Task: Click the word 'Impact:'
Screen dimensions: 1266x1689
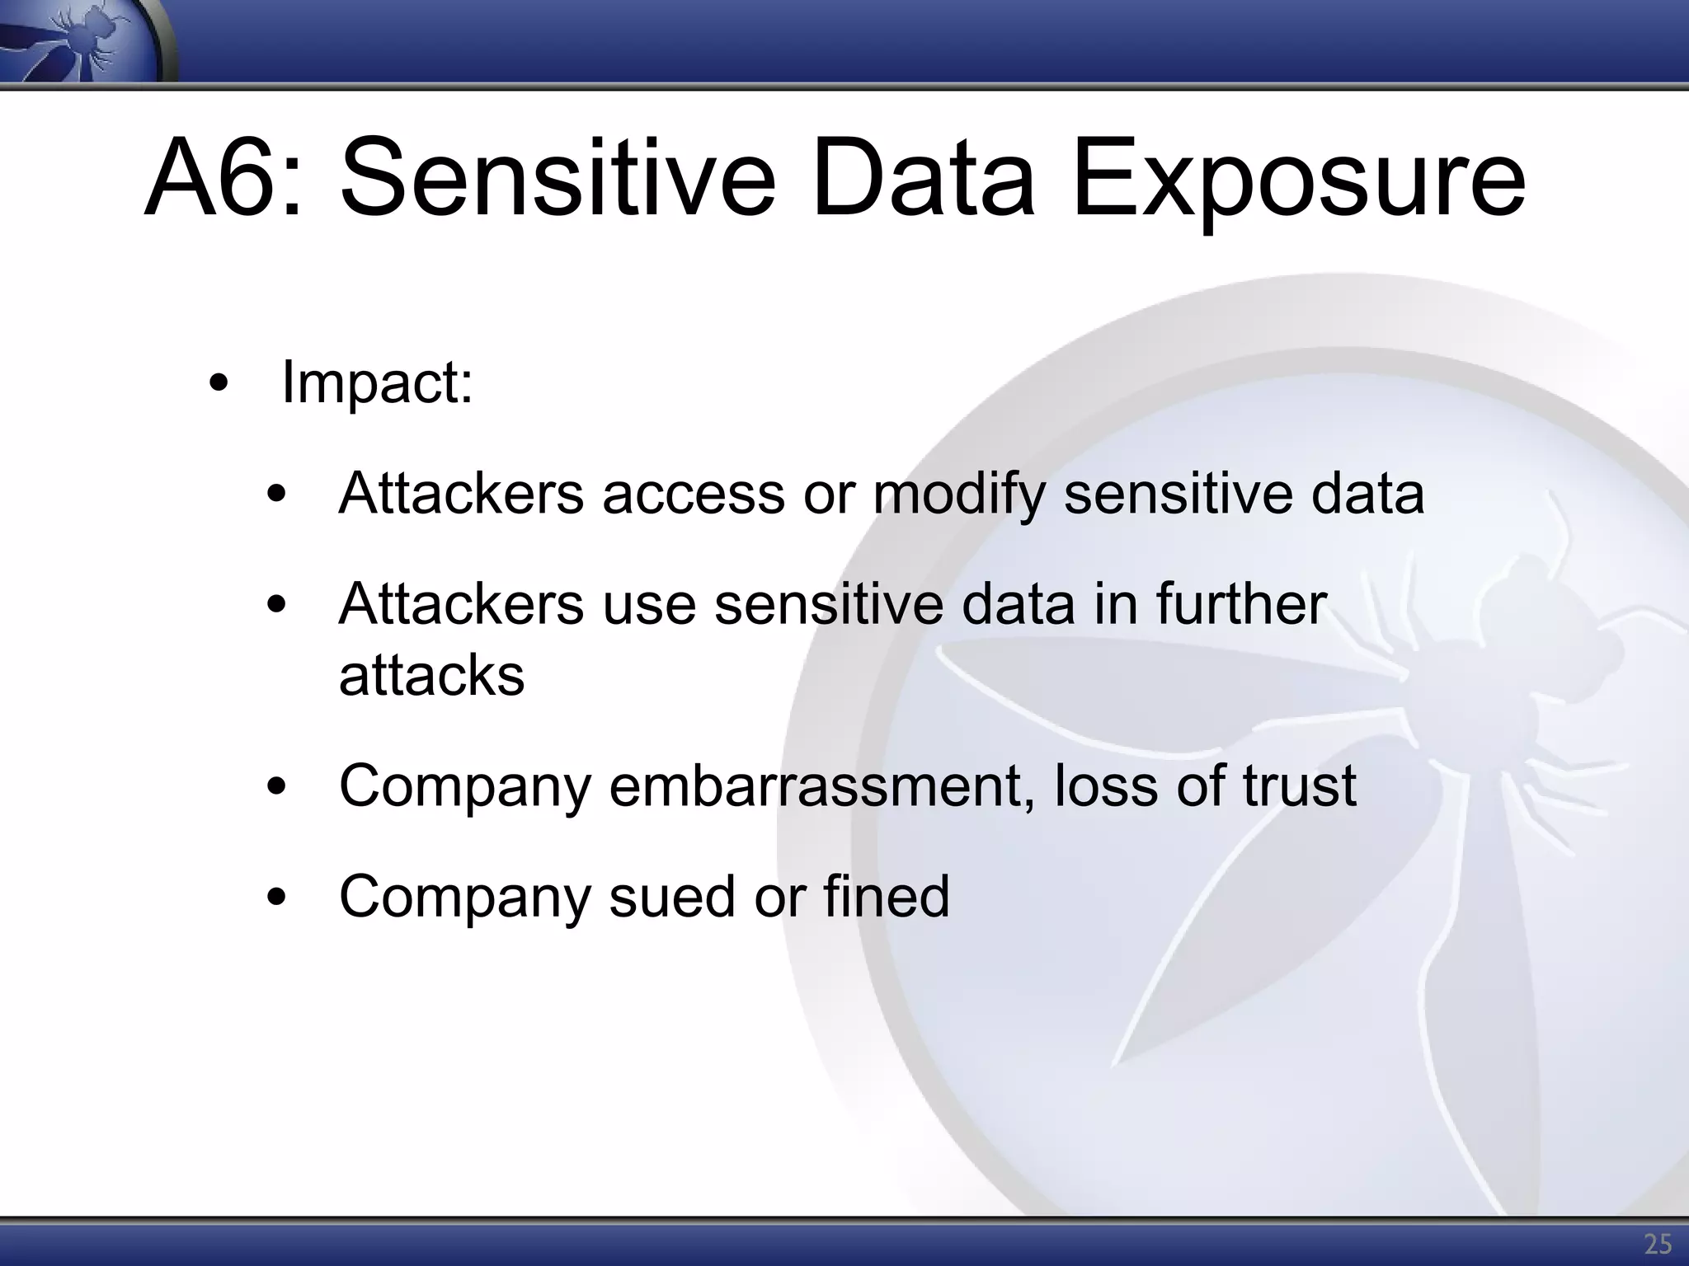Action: coord(377,383)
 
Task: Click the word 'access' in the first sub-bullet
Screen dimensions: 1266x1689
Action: coord(693,494)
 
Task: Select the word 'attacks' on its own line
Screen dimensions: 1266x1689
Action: coord(431,676)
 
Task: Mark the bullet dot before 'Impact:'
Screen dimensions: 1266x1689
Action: coord(219,385)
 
